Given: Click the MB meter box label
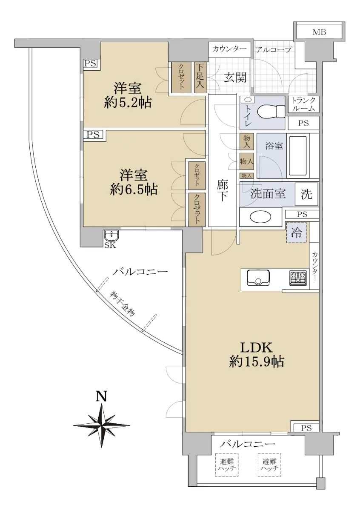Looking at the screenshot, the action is tap(319, 32).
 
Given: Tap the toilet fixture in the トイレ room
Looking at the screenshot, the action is tap(271, 112).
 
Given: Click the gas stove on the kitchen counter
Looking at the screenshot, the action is tap(298, 278).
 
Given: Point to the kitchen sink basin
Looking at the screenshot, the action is tap(258, 278).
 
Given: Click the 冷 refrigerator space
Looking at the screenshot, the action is tap(297, 233).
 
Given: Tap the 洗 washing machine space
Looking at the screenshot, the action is tap(306, 194).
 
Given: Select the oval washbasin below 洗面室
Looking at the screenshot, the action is tap(260, 217).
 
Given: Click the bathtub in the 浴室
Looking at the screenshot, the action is tap(298, 156).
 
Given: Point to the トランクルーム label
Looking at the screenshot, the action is tap(303, 104).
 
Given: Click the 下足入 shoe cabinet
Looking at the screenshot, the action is tap(200, 78).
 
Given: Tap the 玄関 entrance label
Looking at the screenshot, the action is tap(235, 78).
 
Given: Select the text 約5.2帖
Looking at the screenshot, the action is tap(128, 103).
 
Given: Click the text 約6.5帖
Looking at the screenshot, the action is tap(134, 189).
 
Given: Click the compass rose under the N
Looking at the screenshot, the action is tap(102, 425).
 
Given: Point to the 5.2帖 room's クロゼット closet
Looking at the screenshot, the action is tap(181, 78).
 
